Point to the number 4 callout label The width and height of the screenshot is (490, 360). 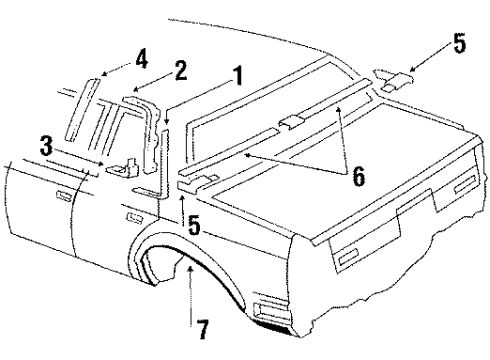click(x=142, y=59)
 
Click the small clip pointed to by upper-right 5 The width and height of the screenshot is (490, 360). click(x=393, y=77)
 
